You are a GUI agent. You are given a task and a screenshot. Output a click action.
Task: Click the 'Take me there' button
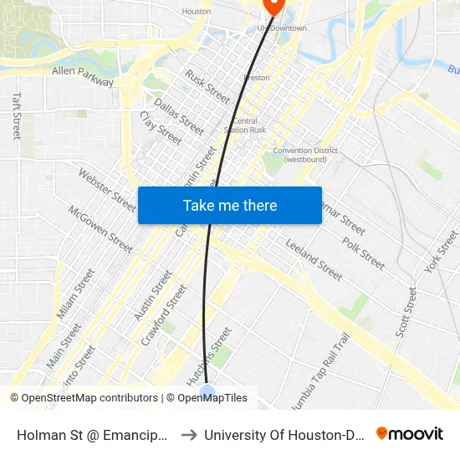(x=230, y=205)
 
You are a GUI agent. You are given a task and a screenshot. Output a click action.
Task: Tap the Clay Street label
(x=161, y=128)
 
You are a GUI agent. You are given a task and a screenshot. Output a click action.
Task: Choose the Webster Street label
(x=107, y=190)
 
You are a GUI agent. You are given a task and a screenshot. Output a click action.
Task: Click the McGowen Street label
(x=100, y=229)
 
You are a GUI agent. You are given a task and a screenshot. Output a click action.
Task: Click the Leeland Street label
(x=314, y=258)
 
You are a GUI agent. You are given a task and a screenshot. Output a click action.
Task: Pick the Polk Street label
(x=363, y=253)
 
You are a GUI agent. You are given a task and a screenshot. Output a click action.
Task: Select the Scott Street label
(x=406, y=312)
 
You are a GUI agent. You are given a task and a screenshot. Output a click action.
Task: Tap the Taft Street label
(x=16, y=115)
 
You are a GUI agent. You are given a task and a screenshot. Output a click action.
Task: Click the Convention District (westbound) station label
(x=305, y=155)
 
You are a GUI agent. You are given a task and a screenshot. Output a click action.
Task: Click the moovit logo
(x=410, y=433)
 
